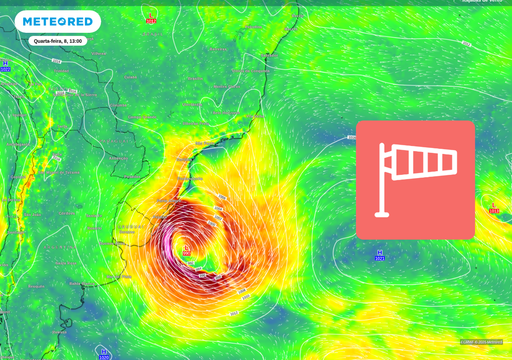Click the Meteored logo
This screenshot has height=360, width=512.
tap(57, 21)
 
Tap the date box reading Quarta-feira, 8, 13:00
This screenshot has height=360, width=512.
tap(58, 41)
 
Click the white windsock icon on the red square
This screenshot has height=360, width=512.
tap(415, 180)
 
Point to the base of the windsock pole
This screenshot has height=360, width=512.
tap(380, 213)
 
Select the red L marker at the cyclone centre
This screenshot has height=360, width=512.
tap(186, 249)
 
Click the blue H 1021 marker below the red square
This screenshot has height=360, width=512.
tap(380, 255)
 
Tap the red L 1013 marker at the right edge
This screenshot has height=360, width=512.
tap(493, 207)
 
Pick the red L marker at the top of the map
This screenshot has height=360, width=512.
tap(151, 17)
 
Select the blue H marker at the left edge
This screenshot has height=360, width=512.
tap(5, 65)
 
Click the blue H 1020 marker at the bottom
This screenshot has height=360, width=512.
tap(104, 352)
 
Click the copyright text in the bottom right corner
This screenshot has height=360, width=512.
tap(481, 342)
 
